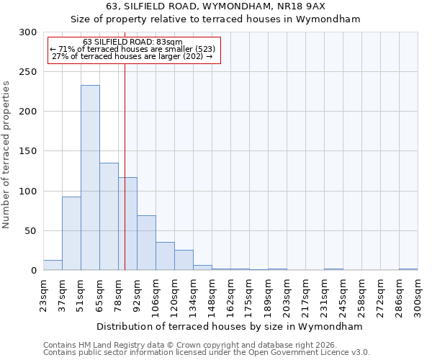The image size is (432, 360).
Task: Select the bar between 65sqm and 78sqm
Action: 109,216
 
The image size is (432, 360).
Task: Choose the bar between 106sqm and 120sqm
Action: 165,256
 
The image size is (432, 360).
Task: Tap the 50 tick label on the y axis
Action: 32,231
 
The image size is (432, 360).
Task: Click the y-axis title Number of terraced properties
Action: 7,155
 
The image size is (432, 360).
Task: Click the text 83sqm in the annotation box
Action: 168,42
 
